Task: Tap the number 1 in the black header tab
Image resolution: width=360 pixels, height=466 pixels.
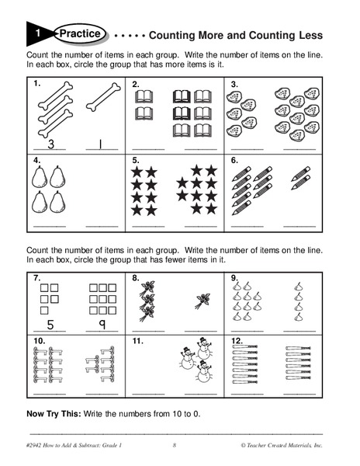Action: click(x=38, y=33)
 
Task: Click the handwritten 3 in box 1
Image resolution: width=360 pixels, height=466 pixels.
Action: click(x=50, y=144)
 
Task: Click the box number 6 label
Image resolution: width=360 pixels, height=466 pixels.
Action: click(x=234, y=160)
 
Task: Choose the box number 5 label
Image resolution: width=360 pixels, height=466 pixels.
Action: click(x=136, y=160)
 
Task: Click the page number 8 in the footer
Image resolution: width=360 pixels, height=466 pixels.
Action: click(x=175, y=444)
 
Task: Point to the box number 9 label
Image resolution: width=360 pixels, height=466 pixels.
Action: click(x=234, y=278)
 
